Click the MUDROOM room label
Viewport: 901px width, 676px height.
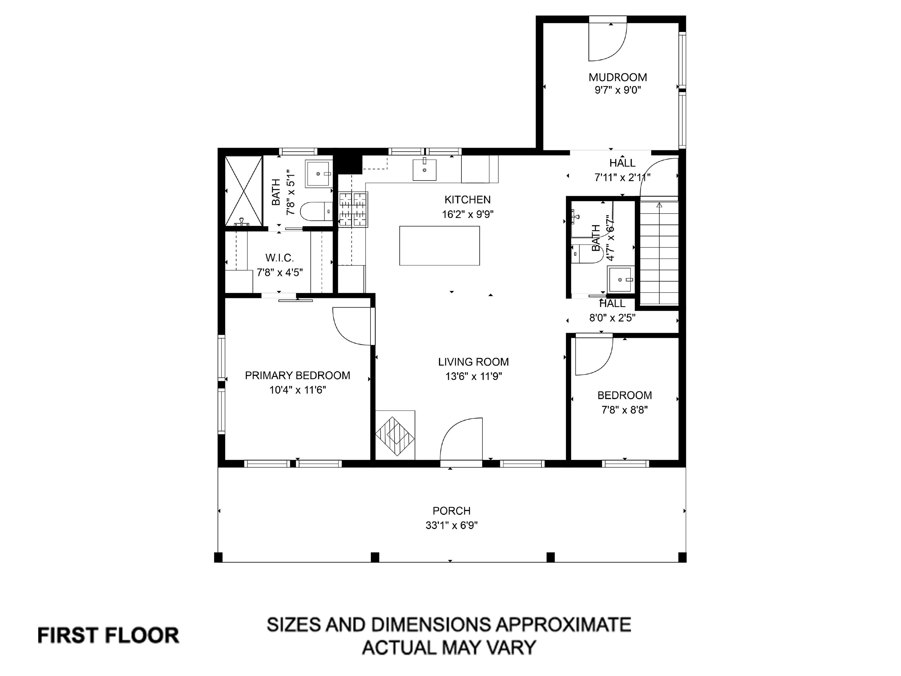click(617, 77)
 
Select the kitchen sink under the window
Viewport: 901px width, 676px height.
click(424, 170)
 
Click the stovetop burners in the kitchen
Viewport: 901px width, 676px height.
click(353, 209)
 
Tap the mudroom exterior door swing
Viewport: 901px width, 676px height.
click(607, 41)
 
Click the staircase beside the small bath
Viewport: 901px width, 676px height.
click(659, 253)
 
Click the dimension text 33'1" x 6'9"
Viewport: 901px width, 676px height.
click(451, 525)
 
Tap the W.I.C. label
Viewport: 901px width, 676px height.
click(280, 258)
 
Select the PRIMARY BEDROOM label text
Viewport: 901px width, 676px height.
click(297, 375)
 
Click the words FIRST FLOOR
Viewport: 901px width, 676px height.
click(108, 635)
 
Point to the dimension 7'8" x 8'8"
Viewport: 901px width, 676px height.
click(624, 410)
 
